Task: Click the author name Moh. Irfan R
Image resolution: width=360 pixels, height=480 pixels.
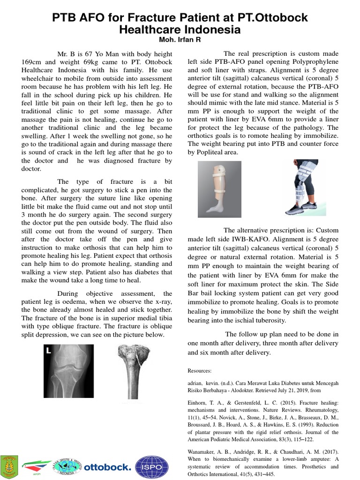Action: (x=180, y=39)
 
